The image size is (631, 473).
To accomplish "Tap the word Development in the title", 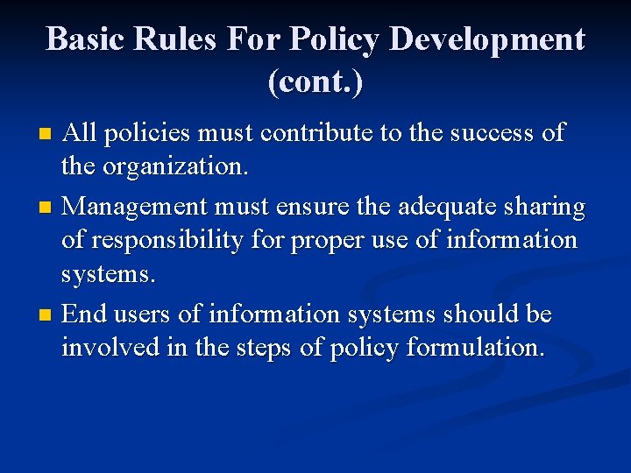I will click(x=487, y=39).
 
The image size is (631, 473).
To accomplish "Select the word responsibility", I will click(x=182, y=241).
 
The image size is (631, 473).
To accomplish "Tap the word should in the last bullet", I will click(x=483, y=313).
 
